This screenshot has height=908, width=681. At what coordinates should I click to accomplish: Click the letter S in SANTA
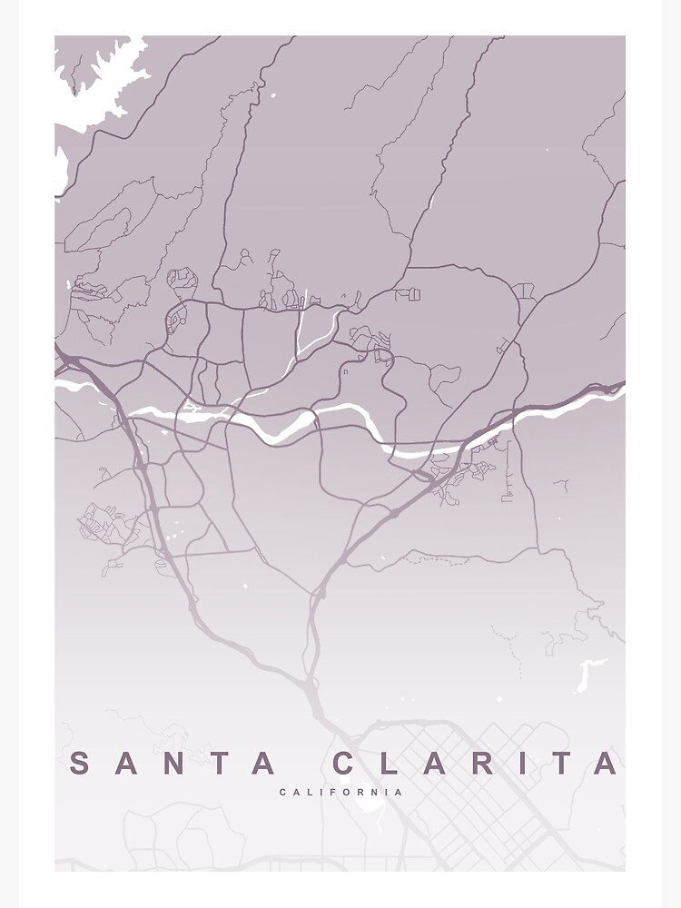tap(80, 764)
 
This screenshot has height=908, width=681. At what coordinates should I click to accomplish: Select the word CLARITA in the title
tap(477, 764)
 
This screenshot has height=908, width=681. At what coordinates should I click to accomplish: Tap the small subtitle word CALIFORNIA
tap(341, 793)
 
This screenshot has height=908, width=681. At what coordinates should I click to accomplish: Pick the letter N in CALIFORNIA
tap(376, 793)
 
